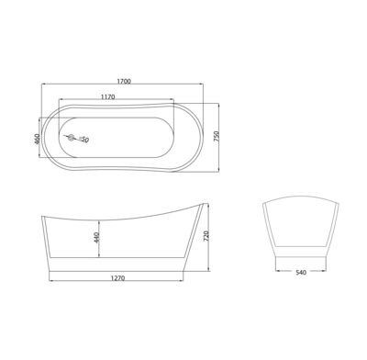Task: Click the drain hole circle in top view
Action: [x=69, y=140]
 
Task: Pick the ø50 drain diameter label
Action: [x=83, y=140]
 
